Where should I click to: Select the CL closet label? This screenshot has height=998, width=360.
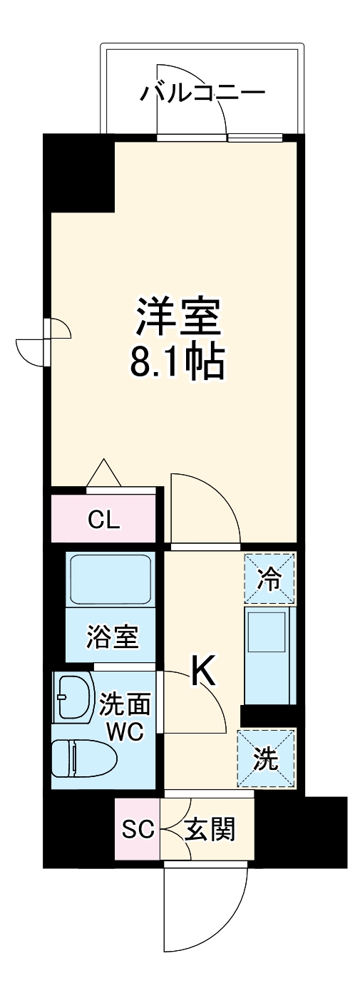(104, 519)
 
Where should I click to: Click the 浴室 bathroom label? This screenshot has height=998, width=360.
(112, 636)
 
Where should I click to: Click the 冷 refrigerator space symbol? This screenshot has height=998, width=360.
(269, 578)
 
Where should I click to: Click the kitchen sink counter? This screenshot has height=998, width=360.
(269, 654)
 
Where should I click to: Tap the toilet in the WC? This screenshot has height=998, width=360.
(84, 756)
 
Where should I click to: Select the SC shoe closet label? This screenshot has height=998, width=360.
(138, 829)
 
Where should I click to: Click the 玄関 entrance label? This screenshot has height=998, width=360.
(209, 829)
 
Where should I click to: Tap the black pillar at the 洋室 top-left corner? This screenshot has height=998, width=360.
(79, 173)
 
